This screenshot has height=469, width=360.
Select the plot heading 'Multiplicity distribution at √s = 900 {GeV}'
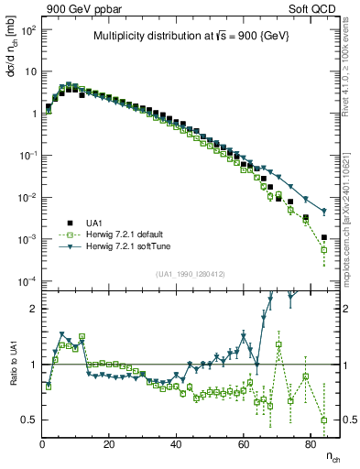(x=190, y=37)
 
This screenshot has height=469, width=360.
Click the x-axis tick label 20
(x=109, y=444)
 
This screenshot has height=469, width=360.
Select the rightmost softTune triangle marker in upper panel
(x=323, y=212)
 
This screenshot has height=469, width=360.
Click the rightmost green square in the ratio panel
(x=323, y=420)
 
